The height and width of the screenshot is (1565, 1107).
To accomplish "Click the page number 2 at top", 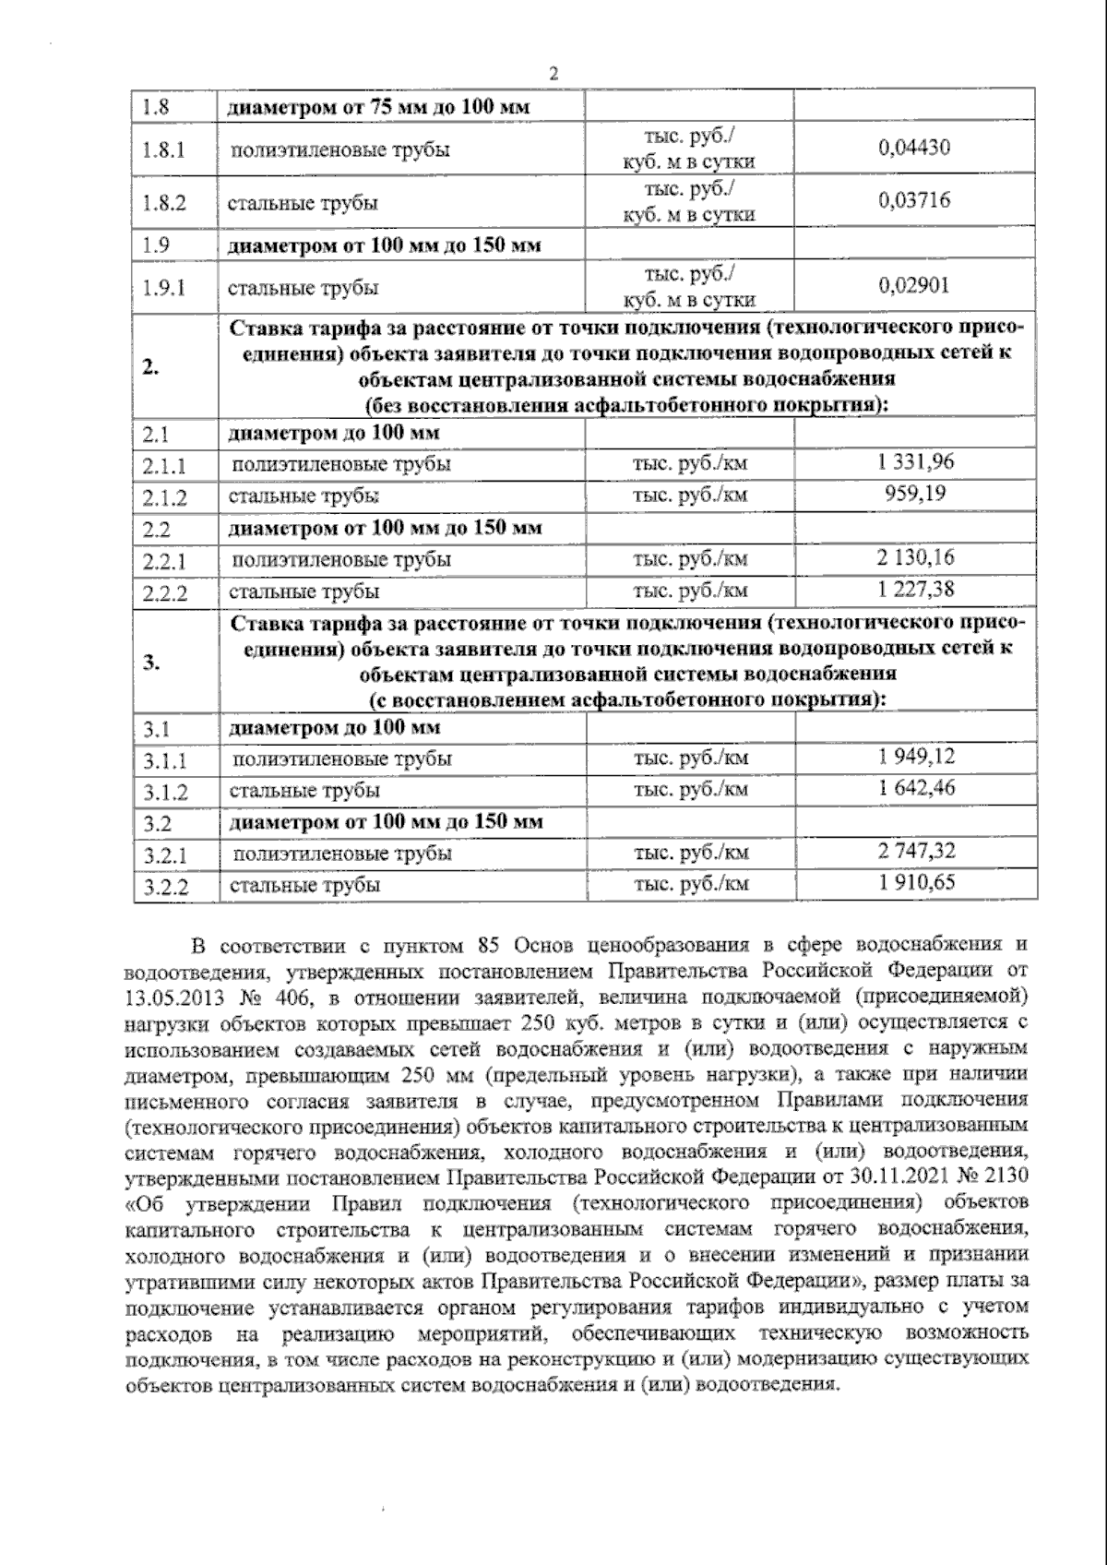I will click(553, 75).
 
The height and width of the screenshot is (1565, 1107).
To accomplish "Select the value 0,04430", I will click(914, 148).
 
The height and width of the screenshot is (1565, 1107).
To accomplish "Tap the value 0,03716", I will click(914, 200).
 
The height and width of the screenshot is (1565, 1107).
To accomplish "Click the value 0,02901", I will click(914, 286).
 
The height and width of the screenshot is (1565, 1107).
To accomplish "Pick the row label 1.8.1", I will click(164, 149).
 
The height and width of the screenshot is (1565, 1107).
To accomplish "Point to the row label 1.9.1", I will click(164, 288).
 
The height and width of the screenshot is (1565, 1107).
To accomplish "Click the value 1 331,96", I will click(916, 462).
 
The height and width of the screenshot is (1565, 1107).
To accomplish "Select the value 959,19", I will click(916, 494).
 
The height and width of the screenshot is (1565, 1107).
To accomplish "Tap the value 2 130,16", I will click(916, 557).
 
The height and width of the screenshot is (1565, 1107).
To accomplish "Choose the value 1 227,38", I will click(916, 589).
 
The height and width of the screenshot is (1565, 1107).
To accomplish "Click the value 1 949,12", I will click(916, 757).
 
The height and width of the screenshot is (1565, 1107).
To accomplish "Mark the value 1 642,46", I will click(916, 788).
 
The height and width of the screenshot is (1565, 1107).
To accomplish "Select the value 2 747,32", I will click(916, 851).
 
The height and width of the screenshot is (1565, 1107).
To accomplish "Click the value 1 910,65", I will click(916, 883).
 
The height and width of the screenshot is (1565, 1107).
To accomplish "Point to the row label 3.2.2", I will click(166, 887).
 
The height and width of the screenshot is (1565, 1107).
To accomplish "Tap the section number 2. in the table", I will click(150, 366).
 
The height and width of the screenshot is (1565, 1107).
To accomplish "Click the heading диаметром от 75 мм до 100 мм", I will click(379, 106).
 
